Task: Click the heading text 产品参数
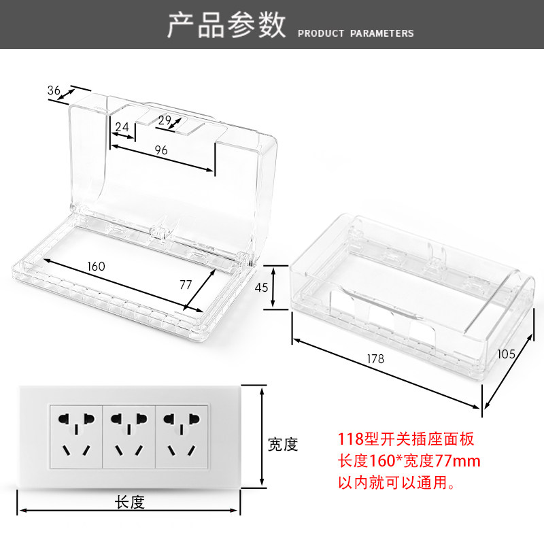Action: tap(226, 25)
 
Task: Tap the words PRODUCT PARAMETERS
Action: tap(356, 33)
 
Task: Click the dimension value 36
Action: tap(55, 90)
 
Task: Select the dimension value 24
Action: tap(122, 126)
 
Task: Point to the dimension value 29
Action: tap(165, 120)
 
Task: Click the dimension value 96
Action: tap(160, 150)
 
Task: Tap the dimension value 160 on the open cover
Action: tap(97, 266)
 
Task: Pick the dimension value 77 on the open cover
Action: tap(186, 286)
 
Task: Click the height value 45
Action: tap(261, 287)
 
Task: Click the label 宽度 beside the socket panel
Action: tap(282, 444)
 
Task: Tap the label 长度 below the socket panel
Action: tap(129, 503)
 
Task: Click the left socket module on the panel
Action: tap(75, 435)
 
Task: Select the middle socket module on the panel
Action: tap(129, 435)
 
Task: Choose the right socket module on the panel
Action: tap(182, 435)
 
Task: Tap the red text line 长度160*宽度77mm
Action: tap(409, 462)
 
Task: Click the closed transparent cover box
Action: tap(408, 292)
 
